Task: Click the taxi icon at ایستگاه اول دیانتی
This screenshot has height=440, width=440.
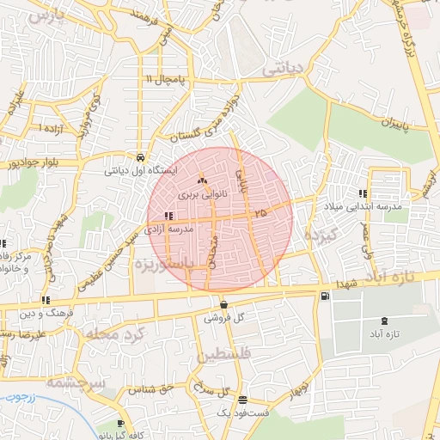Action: pos(140,157)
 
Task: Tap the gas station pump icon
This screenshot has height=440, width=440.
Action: pos(323,296)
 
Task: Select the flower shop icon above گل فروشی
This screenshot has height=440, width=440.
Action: pos(223,304)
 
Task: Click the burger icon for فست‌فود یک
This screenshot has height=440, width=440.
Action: pos(242,400)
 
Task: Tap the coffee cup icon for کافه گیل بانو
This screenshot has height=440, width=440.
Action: pos(121,425)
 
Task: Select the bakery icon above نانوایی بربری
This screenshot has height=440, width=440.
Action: pos(203,181)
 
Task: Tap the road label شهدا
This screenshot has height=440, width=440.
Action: pos(345,284)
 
